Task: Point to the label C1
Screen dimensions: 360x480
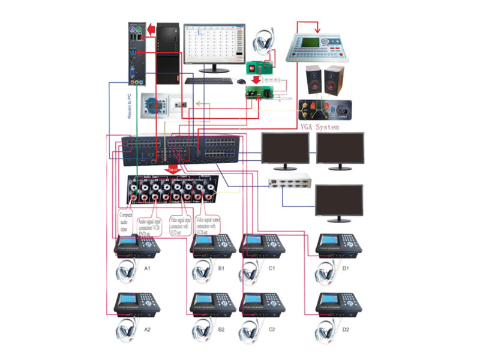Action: coord(271,268)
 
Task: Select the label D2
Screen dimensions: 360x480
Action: coord(346,329)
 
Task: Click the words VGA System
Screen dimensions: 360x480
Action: coord(319,127)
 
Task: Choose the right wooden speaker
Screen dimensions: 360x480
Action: coord(333,79)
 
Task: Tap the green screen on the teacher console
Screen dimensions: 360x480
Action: coord(307,41)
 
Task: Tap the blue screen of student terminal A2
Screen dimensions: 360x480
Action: coord(128,299)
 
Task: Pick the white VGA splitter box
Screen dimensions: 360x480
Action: coord(287,181)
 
